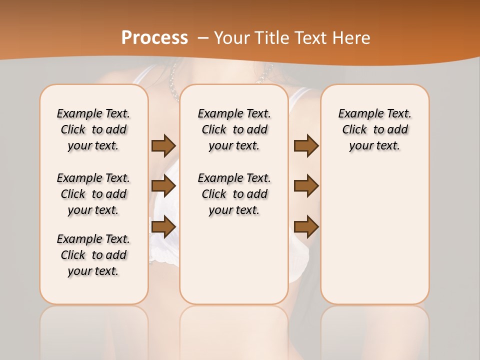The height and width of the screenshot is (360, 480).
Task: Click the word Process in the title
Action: coord(154,37)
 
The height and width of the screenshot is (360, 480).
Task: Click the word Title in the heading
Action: coord(270,38)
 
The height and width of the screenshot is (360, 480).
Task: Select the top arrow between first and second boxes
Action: coord(163,145)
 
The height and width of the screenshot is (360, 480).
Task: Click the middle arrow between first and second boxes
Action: coord(163,186)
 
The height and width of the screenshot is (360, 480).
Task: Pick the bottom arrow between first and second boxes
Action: coord(163,226)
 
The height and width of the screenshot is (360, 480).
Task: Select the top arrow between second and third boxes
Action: coord(306,145)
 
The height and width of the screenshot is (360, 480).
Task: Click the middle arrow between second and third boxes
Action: coord(306,186)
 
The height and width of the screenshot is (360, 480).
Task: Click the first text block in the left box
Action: coord(93,129)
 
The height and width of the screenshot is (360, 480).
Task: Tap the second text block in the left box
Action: coord(93,194)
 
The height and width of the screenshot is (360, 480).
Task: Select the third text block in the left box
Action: coord(93,255)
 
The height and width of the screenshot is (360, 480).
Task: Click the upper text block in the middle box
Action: coord(234,129)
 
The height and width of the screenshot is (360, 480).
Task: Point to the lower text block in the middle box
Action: coord(234,194)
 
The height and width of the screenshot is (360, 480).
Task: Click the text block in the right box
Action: coord(374,129)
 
